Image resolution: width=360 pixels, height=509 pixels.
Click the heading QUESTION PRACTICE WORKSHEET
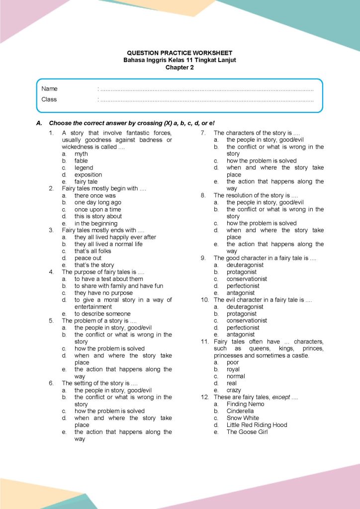pyautogui.click(x=180, y=53)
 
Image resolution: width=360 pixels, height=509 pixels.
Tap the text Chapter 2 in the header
pyautogui.click(x=180, y=67)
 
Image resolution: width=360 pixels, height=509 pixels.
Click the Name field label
pyautogui.click(x=50, y=88)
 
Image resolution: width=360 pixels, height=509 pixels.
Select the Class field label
pyautogui.click(x=49, y=99)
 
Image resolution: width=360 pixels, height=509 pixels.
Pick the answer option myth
pyautogui.click(x=81, y=154)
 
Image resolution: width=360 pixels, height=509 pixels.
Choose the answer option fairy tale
pyautogui.click(x=86, y=182)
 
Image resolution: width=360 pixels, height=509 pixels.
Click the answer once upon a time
pyautogui.click(x=97, y=210)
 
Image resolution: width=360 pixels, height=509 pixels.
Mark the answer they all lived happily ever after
pyautogui.click(x=115, y=238)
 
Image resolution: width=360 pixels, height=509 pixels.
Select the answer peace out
pyautogui.click(x=88, y=258)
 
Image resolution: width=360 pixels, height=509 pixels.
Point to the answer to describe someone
pyautogui.click(x=102, y=314)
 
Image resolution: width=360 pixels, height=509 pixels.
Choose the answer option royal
pyautogui.click(x=233, y=370)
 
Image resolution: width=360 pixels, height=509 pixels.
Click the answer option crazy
pyautogui.click(x=234, y=391)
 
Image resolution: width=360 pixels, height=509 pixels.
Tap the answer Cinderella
pyautogui.click(x=240, y=412)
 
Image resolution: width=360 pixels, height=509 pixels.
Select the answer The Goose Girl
pyautogui.click(x=247, y=432)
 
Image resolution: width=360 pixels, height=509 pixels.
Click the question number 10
pyautogui.click(x=204, y=300)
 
